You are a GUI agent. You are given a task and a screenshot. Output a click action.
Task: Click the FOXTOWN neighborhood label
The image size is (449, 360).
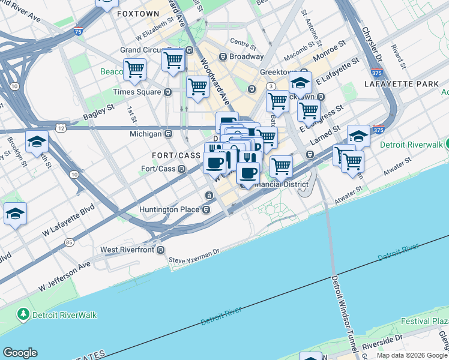(134, 13)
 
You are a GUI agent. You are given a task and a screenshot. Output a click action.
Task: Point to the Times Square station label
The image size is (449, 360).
(137, 92)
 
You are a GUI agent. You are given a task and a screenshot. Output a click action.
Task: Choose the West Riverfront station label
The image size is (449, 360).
(128, 249)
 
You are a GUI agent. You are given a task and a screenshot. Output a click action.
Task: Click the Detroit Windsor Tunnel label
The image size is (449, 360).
(342, 312)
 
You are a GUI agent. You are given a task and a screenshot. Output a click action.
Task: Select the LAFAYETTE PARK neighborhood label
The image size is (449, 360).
(402, 84)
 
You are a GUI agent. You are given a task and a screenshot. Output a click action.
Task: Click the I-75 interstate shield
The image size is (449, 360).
(77, 31)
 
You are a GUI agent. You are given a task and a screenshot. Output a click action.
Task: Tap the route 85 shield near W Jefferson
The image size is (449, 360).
(70, 242)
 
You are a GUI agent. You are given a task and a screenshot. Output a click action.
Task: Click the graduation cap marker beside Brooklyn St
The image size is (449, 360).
(37, 142)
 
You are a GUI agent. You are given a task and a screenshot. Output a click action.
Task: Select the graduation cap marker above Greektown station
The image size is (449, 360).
(300, 83)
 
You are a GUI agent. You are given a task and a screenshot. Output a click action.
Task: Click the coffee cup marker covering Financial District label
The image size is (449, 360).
(247, 172)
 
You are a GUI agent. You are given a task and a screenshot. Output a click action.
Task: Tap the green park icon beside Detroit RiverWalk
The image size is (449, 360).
(23, 314)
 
